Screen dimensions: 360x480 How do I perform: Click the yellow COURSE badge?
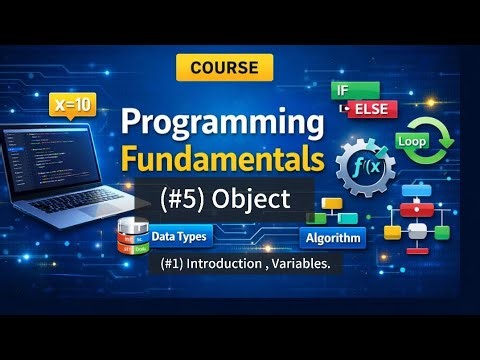pos(224,67)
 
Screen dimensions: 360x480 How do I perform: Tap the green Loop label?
pos(411,142)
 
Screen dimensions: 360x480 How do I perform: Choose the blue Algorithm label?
pos(332,238)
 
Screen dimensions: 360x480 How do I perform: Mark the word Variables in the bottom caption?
pos(304,265)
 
